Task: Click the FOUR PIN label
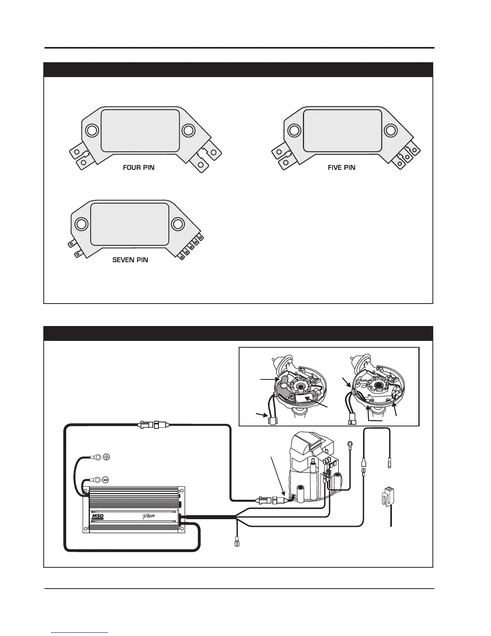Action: (x=138, y=168)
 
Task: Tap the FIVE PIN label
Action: (x=341, y=168)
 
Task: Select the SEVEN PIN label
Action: (x=130, y=260)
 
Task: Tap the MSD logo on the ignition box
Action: (x=98, y=516)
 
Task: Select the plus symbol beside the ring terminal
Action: (x=106, y=457)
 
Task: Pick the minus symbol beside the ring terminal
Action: (x=106, y=479)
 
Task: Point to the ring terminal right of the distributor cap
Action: (x=350, y=444)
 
